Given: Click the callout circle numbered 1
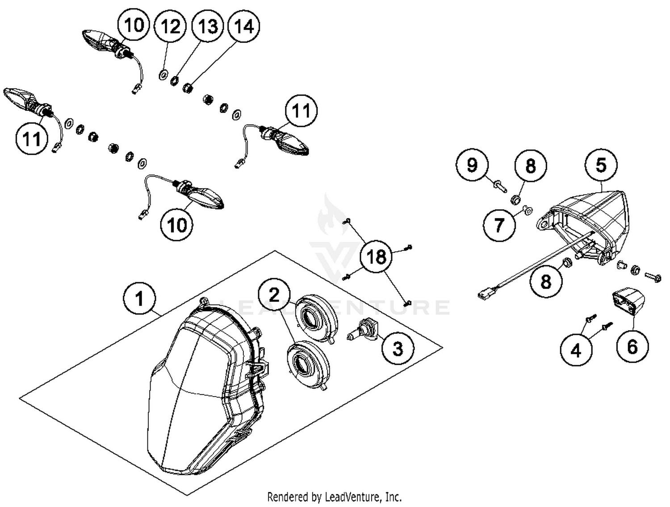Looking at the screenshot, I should tap(139, 298).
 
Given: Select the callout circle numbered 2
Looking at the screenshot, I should tap(275, 295).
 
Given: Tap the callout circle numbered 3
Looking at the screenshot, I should tap(398, 348).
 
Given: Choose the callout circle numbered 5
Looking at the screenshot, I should tap(601, 165).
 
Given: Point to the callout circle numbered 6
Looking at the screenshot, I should tap(632, 346).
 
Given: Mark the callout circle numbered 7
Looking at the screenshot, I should tap(499, 225).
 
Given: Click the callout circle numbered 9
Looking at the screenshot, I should tap(472, 165).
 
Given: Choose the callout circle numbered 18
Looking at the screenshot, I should tap(376, 257).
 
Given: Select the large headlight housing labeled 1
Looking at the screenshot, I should tap(205, 384).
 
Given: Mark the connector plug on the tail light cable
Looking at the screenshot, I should tap(484, 295).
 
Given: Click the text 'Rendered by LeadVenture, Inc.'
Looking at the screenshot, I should tap(334, 497).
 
